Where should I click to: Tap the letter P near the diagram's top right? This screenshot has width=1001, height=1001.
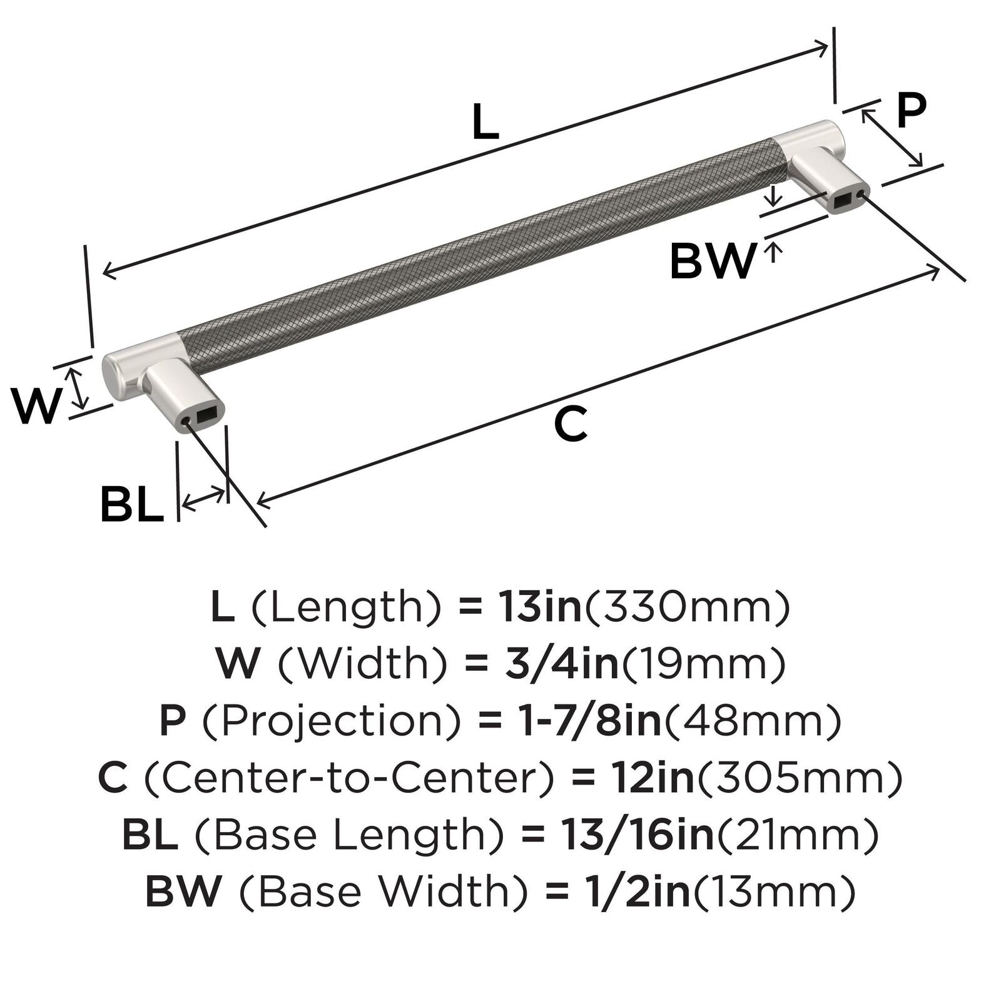pyautogui.click(x=911, y=110)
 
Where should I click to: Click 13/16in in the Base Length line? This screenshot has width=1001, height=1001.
pyautogui.click(x=637, y=834)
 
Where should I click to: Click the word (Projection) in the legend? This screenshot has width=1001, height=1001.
pyautogui.click(x=332, y=721)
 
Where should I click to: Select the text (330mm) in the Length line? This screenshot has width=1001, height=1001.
pyautogui.click(x=687, y=607)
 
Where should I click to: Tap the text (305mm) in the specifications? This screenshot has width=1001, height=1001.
pyautogui.click(x=800, y=778)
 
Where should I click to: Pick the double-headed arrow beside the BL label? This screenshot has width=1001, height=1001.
pyautogui.click(x=203, y=499)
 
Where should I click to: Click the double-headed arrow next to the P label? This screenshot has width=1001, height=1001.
pyautogui.click(x=892, y=138)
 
